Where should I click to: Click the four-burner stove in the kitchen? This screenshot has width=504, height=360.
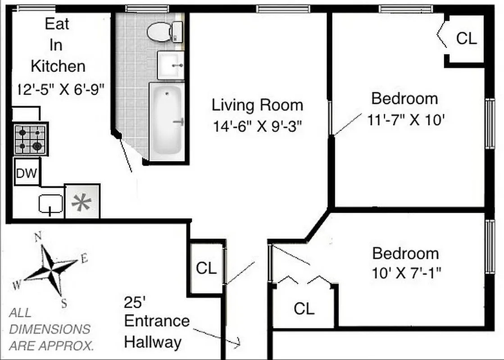(x=30, y=139)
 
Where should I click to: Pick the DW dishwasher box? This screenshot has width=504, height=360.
(x=27, y=173)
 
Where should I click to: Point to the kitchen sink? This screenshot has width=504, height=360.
(x=50, y=203)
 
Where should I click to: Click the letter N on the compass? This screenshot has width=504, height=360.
(x=39, y=236)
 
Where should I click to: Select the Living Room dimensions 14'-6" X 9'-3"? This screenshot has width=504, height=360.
(x=257, y=126)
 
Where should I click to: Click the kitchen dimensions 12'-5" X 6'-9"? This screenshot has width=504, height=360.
(x=60, y=88)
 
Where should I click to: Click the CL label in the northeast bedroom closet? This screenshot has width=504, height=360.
(x=466, y=38)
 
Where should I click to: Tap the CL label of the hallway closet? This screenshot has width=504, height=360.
(x=206, y=268)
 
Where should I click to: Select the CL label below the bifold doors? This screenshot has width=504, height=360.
(x=304, y=309)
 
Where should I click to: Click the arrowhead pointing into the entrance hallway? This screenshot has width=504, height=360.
(x=238, y=344)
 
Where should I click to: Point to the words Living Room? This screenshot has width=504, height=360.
(x=257, y=105)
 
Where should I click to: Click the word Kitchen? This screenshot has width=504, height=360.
(x=58, y=66)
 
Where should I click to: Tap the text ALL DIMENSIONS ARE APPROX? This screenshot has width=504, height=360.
(x=51, y=329)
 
